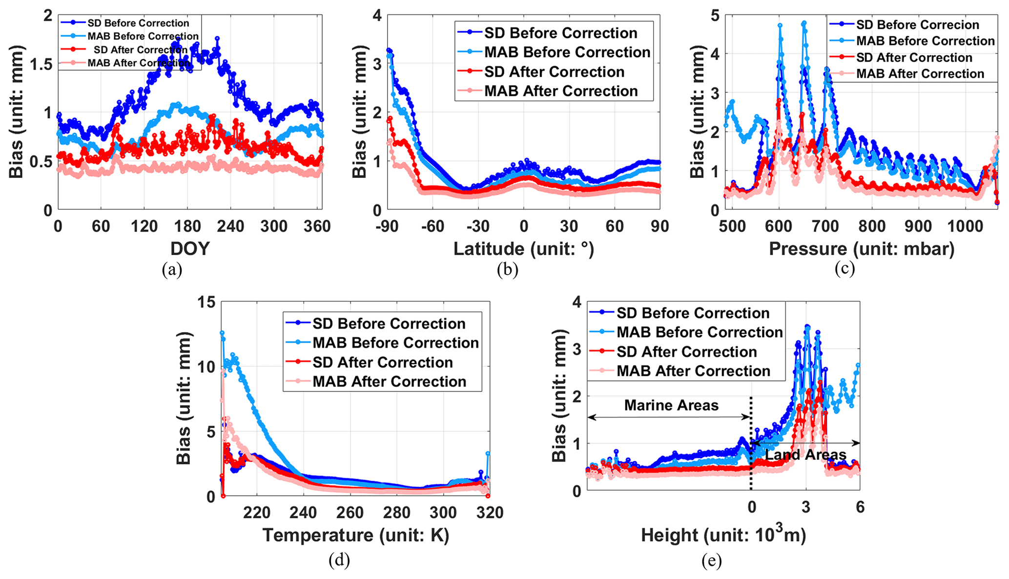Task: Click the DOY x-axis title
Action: pyautogui.click(x=190, y=249)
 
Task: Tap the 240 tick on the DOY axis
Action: pyautogui.click(x=231, y=226)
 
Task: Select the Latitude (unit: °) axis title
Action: pyautogui.click(x=524, y=249)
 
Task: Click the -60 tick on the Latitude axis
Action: pyautogui.click(x=432, y=226)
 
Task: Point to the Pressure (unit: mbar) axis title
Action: pyautogui.click(x=862, y=249)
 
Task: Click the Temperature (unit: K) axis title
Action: pyautogui.click(x=356, y=535)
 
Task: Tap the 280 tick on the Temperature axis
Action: pyautogui.click(x=396, y=513)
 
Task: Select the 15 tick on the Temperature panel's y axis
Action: pyautogui.click(x=206, y=302)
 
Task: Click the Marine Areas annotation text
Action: pyautogui.click(x=671, y=405)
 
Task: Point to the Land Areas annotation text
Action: pyautogui.click(x=805, y=455)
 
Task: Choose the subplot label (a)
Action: pyautogui.click(x=172, y=270)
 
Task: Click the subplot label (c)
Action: pyautogui.click(x=844, y=270)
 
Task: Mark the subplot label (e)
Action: pyautogui.click(x=712, y=561)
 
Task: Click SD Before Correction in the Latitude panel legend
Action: pyautogui.click(x=560, y=33)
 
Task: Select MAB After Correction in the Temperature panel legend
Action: pyautogui.click(x=390, y=381)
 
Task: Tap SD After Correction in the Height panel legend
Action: pyautogui.click(x=686, y=352)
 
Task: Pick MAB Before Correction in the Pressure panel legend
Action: pyautogui.click(x=925, y=41)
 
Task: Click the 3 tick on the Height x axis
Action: pyautogui.click(x=805, y=507)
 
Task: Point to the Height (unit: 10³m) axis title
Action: pyautogui.click(x=723, y=535)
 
